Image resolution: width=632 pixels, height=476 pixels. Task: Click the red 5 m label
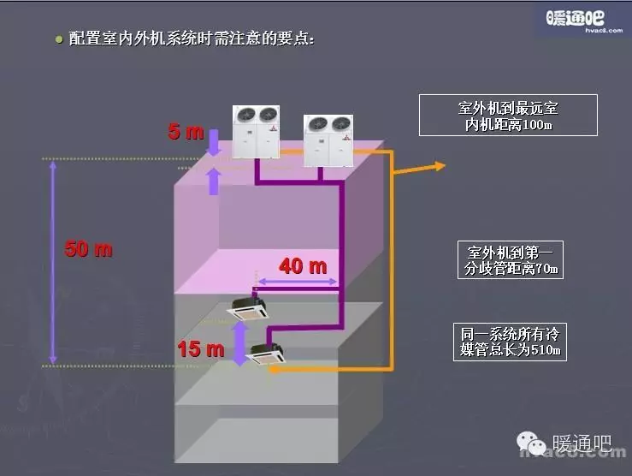coord(186,132)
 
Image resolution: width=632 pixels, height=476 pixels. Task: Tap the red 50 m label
coord(89,250)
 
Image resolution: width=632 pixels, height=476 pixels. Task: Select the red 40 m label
coord(303,266)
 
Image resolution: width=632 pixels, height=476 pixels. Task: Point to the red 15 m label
coord(200,348)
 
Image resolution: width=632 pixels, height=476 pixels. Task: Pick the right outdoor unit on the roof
coord(328,140)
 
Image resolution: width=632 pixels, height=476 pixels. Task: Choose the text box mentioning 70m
coord(511,260)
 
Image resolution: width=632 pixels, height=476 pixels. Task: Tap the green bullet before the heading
coord(58,39)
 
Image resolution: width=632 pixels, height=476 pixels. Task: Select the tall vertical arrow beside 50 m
coord(53,261)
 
